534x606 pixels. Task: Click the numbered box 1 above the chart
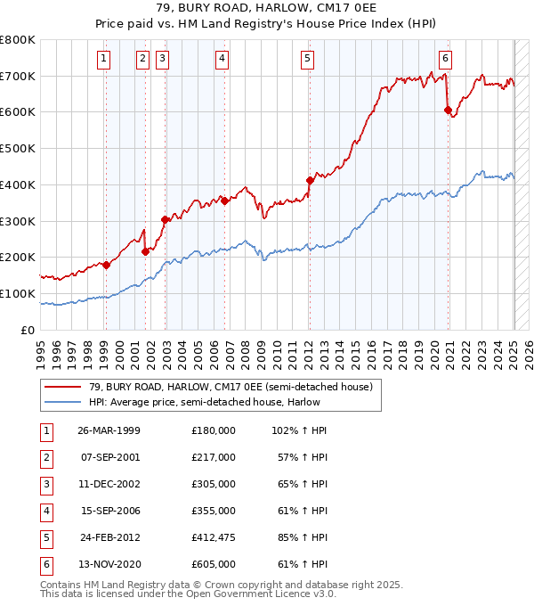(105, 59)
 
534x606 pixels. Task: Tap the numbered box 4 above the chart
(221, 59)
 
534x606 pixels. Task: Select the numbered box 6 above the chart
(445, 59)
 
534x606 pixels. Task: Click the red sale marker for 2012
(310, 180)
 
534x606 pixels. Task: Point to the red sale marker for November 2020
(449, 110)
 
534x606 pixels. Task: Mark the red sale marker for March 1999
(106, 264)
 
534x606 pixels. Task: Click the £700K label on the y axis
(18, 76)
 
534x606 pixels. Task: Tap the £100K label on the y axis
(18, 293)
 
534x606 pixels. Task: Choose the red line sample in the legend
(65, 386)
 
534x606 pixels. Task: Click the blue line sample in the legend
(65, 401)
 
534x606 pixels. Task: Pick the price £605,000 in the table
(214, 565)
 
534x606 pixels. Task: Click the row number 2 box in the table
(44, 457)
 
